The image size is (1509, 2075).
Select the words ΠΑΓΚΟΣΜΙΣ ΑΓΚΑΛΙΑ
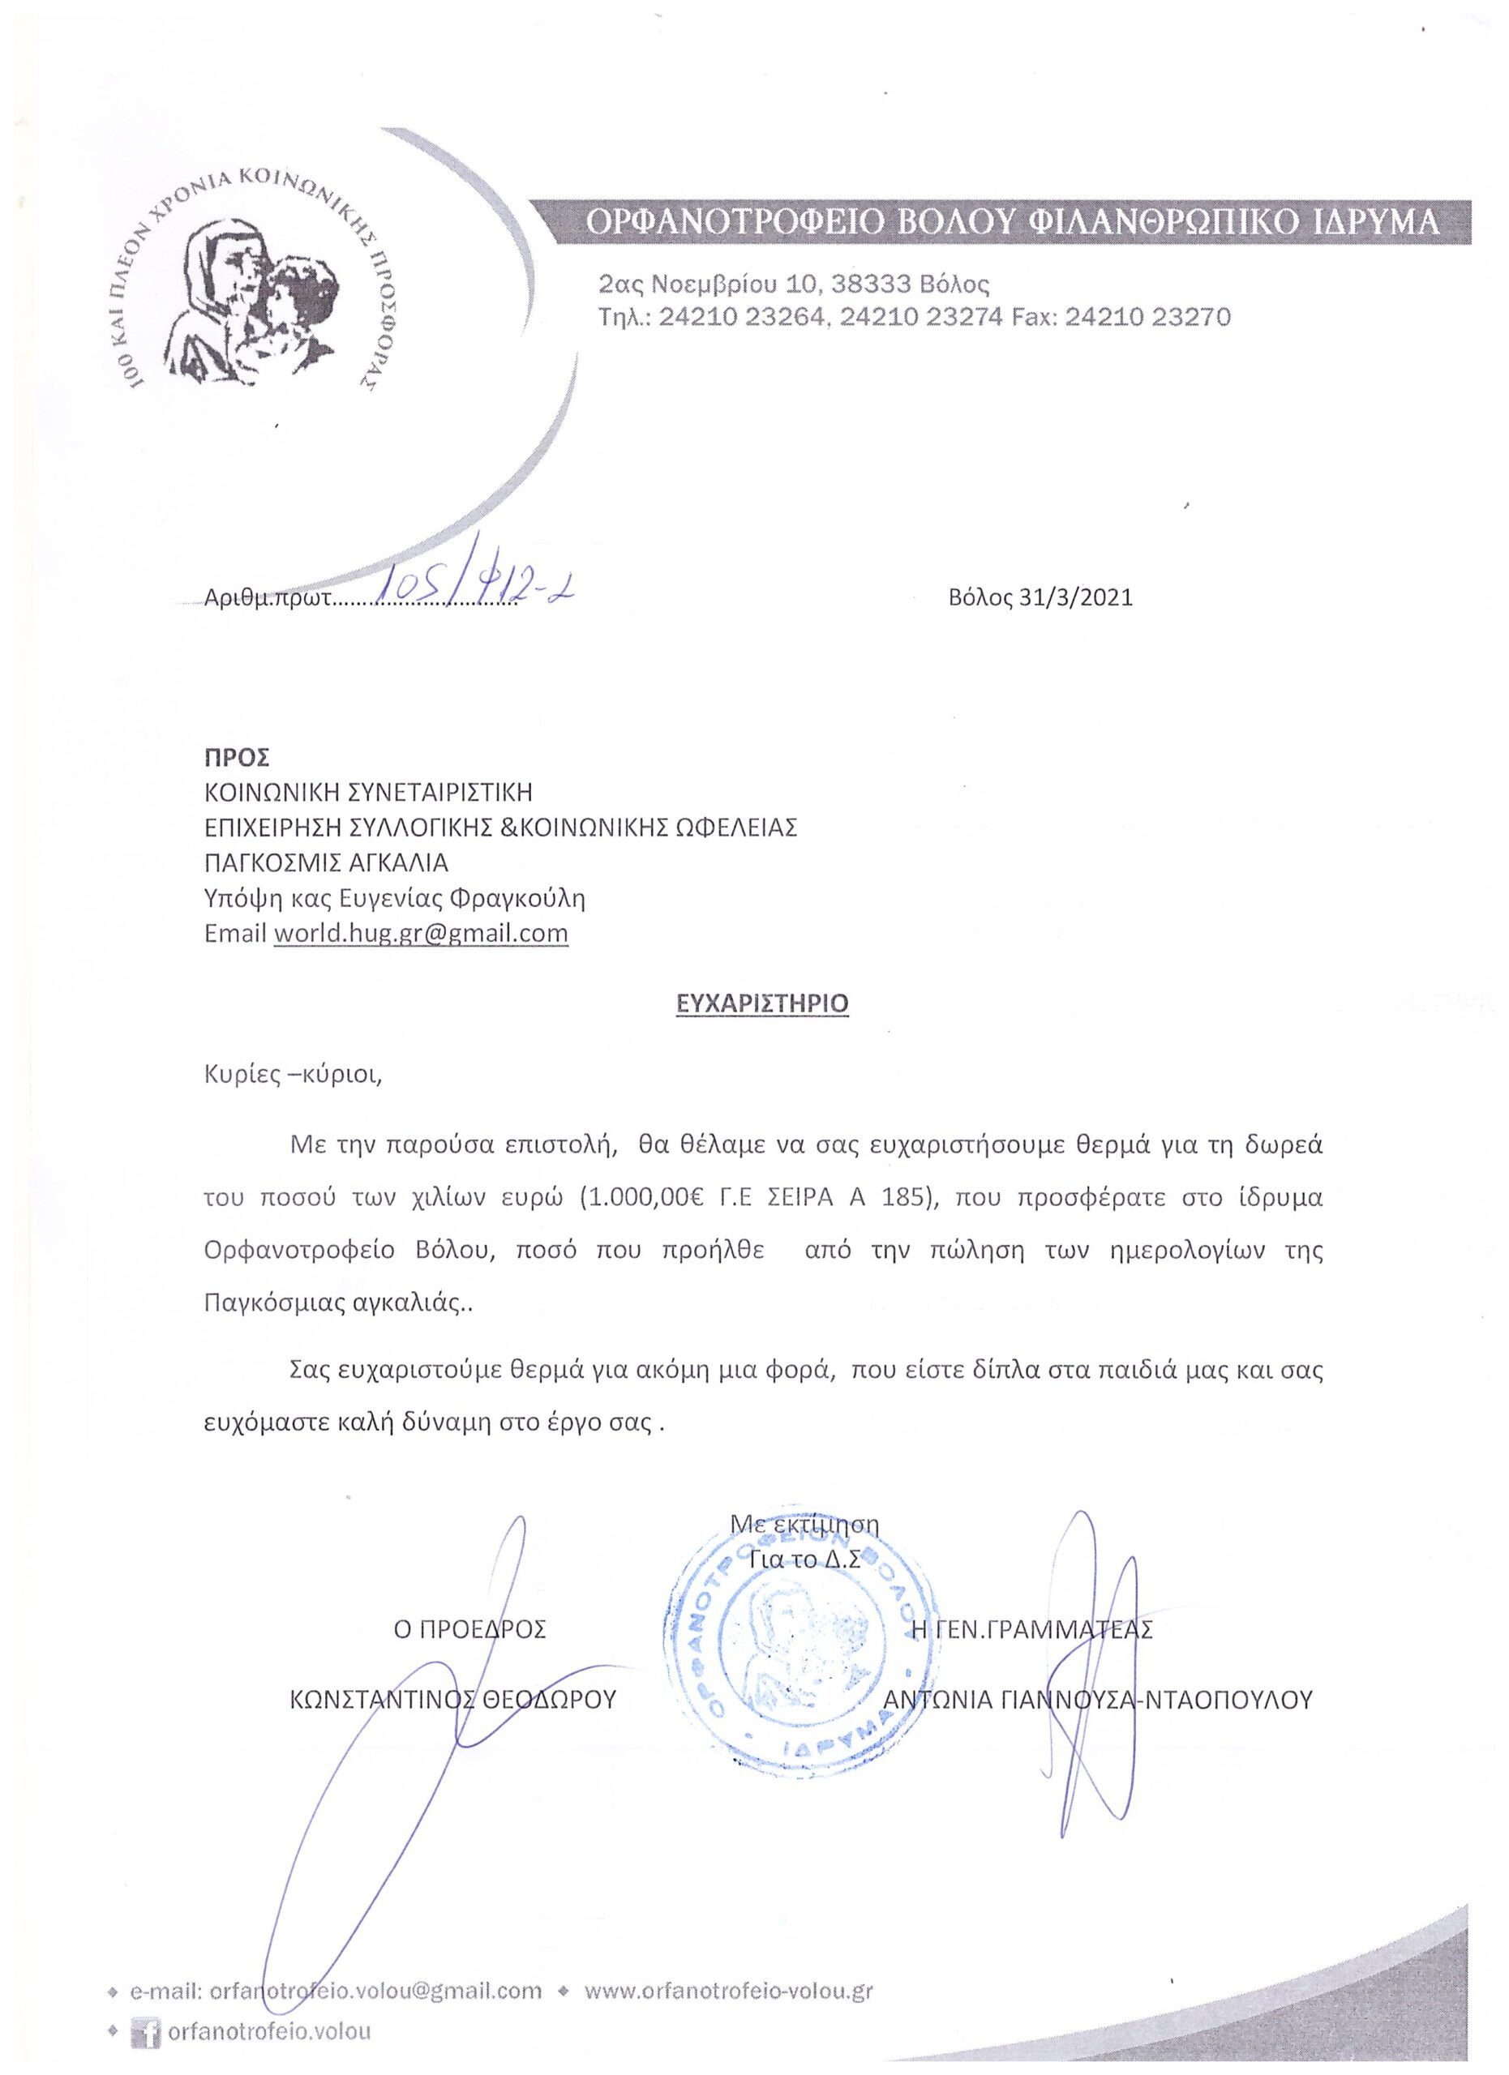click(x=326, y=862)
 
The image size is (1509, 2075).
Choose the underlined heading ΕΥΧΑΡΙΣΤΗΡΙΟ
click(x=761, y=1003)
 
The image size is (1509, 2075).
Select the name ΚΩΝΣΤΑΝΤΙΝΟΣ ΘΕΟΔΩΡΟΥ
click(x=453, y=1700)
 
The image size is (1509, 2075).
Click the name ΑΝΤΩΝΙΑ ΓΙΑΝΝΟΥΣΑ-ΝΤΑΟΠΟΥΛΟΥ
click(x=1098, y=1700)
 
